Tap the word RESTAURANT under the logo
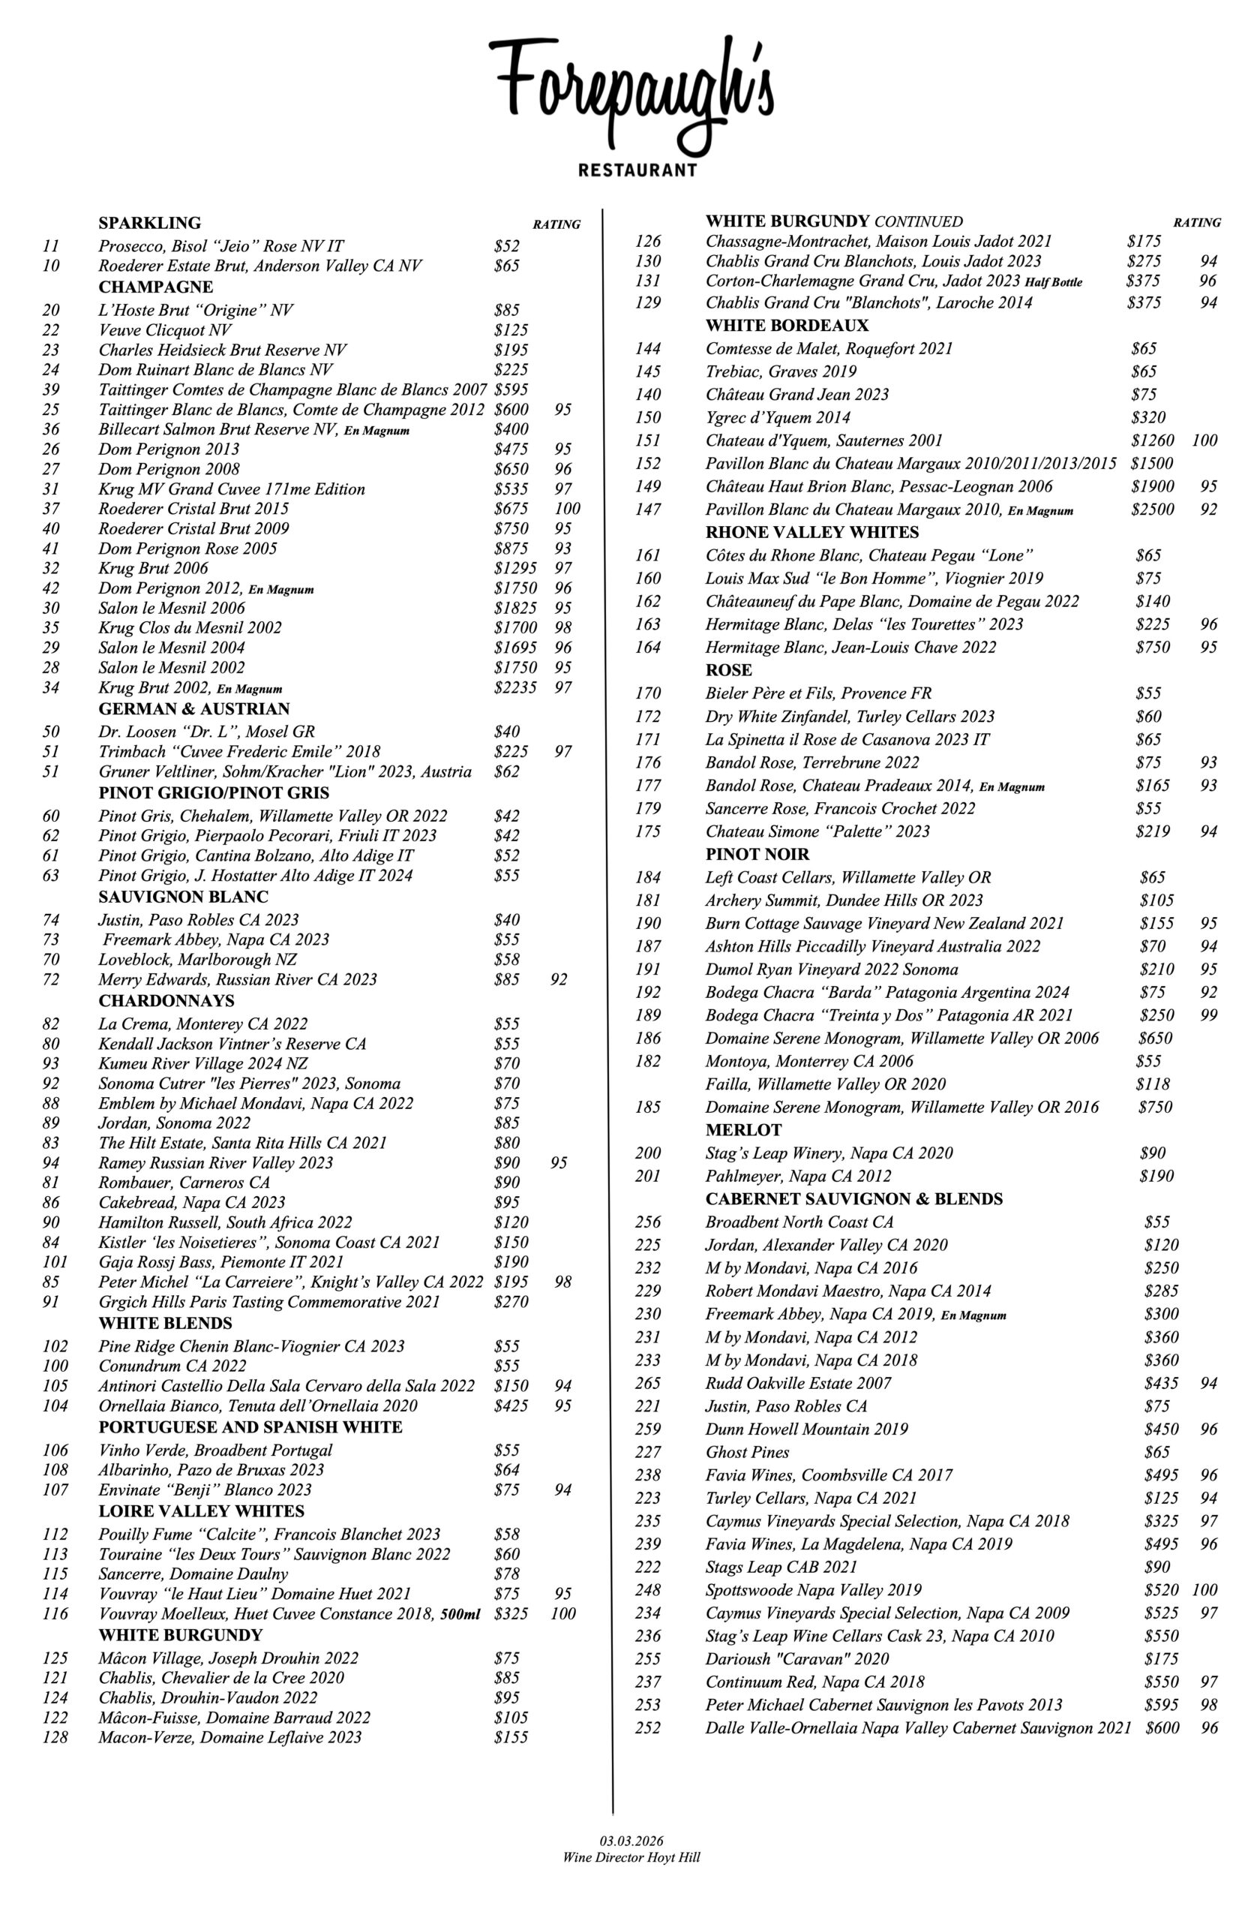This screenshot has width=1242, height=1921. point(637,170)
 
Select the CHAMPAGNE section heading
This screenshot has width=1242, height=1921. point(156,287)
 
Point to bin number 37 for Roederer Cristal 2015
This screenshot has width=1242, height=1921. point(51,508)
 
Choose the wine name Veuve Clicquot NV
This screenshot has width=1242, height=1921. point(164,330)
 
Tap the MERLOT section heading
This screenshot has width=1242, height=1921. point(742,1129)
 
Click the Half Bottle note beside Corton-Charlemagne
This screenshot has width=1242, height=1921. point(1053,282)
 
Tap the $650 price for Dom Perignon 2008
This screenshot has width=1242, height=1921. point(511,469)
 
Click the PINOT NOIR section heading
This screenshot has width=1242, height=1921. point(757,854)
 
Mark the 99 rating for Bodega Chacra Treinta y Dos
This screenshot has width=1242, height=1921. point(1208,1015)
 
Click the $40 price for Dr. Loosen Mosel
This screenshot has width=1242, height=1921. point(506,732)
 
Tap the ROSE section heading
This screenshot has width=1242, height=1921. point(728,669)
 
